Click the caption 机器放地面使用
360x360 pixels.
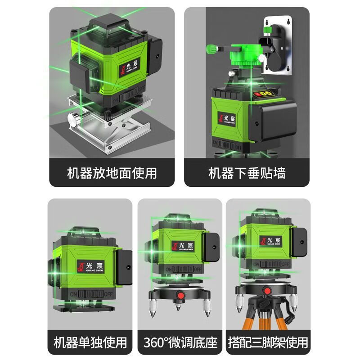click(x=112, y=172)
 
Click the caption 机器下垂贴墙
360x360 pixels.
click(x=247, y=172)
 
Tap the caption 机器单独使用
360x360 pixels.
click(x=90, y=342)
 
